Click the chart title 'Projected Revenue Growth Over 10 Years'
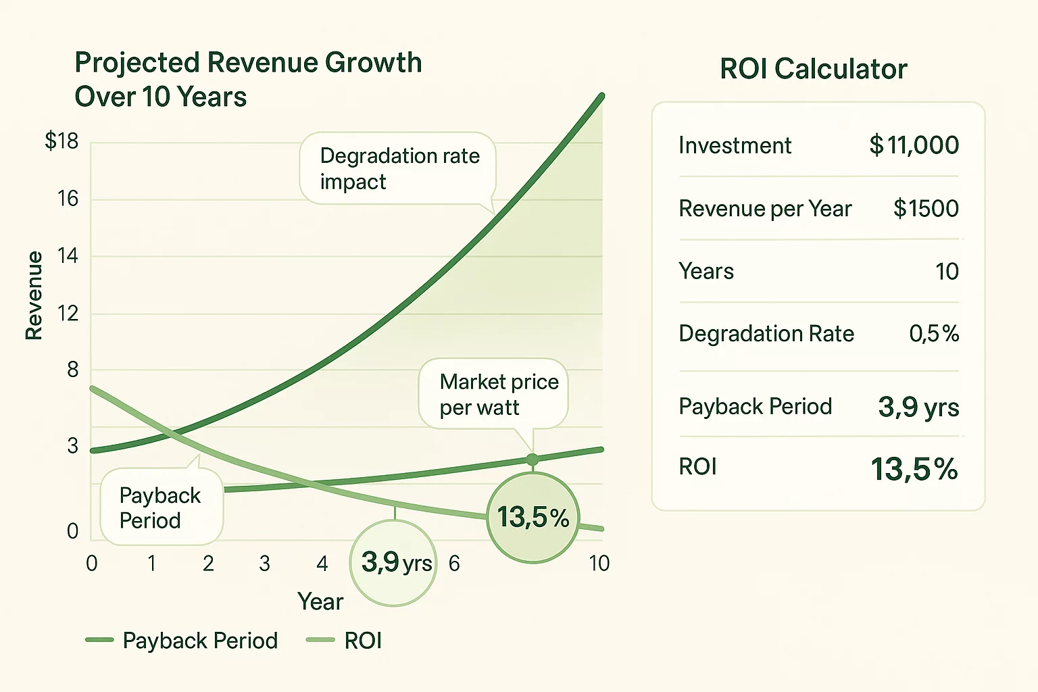click(x=247, y=80)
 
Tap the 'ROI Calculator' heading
click(x=813, y=69)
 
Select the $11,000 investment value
click(x=914, y=145)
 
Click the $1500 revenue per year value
click(x=925, y=209)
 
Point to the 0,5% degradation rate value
click(x=933, y=333)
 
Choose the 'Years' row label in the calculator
click(x=706, y=272)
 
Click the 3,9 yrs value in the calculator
click(x=918, y=407)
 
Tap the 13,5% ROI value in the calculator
click(x=914, y=469)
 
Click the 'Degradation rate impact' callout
click(x=399, y=168)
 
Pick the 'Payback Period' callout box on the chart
click(x=160, y=508)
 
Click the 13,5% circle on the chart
click(x=533, y=518)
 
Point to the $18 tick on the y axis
click(x=61, y=141)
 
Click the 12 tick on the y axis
click(x=68, y=314)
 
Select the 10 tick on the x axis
click(x=599, y=564)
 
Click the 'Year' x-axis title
click(x=320, y=601)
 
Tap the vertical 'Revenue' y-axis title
click(x=34, y=295)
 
